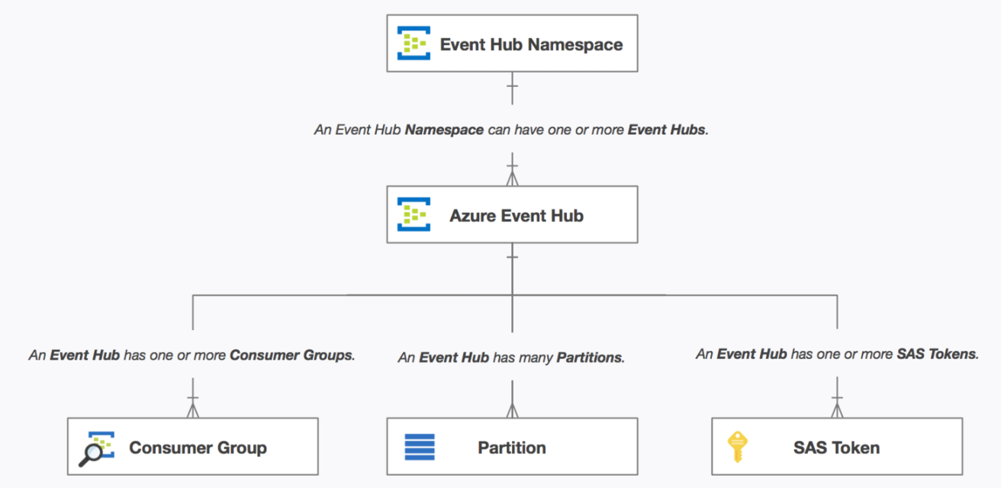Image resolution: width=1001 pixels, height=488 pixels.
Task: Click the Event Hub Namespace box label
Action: [531, 44]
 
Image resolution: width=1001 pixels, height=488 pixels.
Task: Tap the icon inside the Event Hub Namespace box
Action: [414, 43]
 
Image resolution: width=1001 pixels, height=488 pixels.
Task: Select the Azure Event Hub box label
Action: [516, 216]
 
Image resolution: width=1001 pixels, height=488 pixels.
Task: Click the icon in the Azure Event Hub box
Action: [414, 214]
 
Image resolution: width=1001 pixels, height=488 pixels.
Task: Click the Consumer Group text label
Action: [198, 448]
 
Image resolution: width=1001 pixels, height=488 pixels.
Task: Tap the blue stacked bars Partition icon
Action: [419, 447]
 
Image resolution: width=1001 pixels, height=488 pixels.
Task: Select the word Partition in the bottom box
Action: [511, 448]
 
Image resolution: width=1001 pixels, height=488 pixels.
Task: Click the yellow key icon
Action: [736, 447]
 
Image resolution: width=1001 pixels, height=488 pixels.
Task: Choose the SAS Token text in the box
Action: [836, 448]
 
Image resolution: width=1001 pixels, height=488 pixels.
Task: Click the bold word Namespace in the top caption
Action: [444, 130]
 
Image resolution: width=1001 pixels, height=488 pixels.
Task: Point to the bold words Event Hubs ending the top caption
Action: [667, 130]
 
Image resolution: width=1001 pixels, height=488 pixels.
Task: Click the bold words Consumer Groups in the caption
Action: [291, 355]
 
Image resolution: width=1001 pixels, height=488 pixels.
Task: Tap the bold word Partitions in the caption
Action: [590, 357]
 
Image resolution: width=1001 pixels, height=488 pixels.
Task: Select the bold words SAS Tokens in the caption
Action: [937, 354]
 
